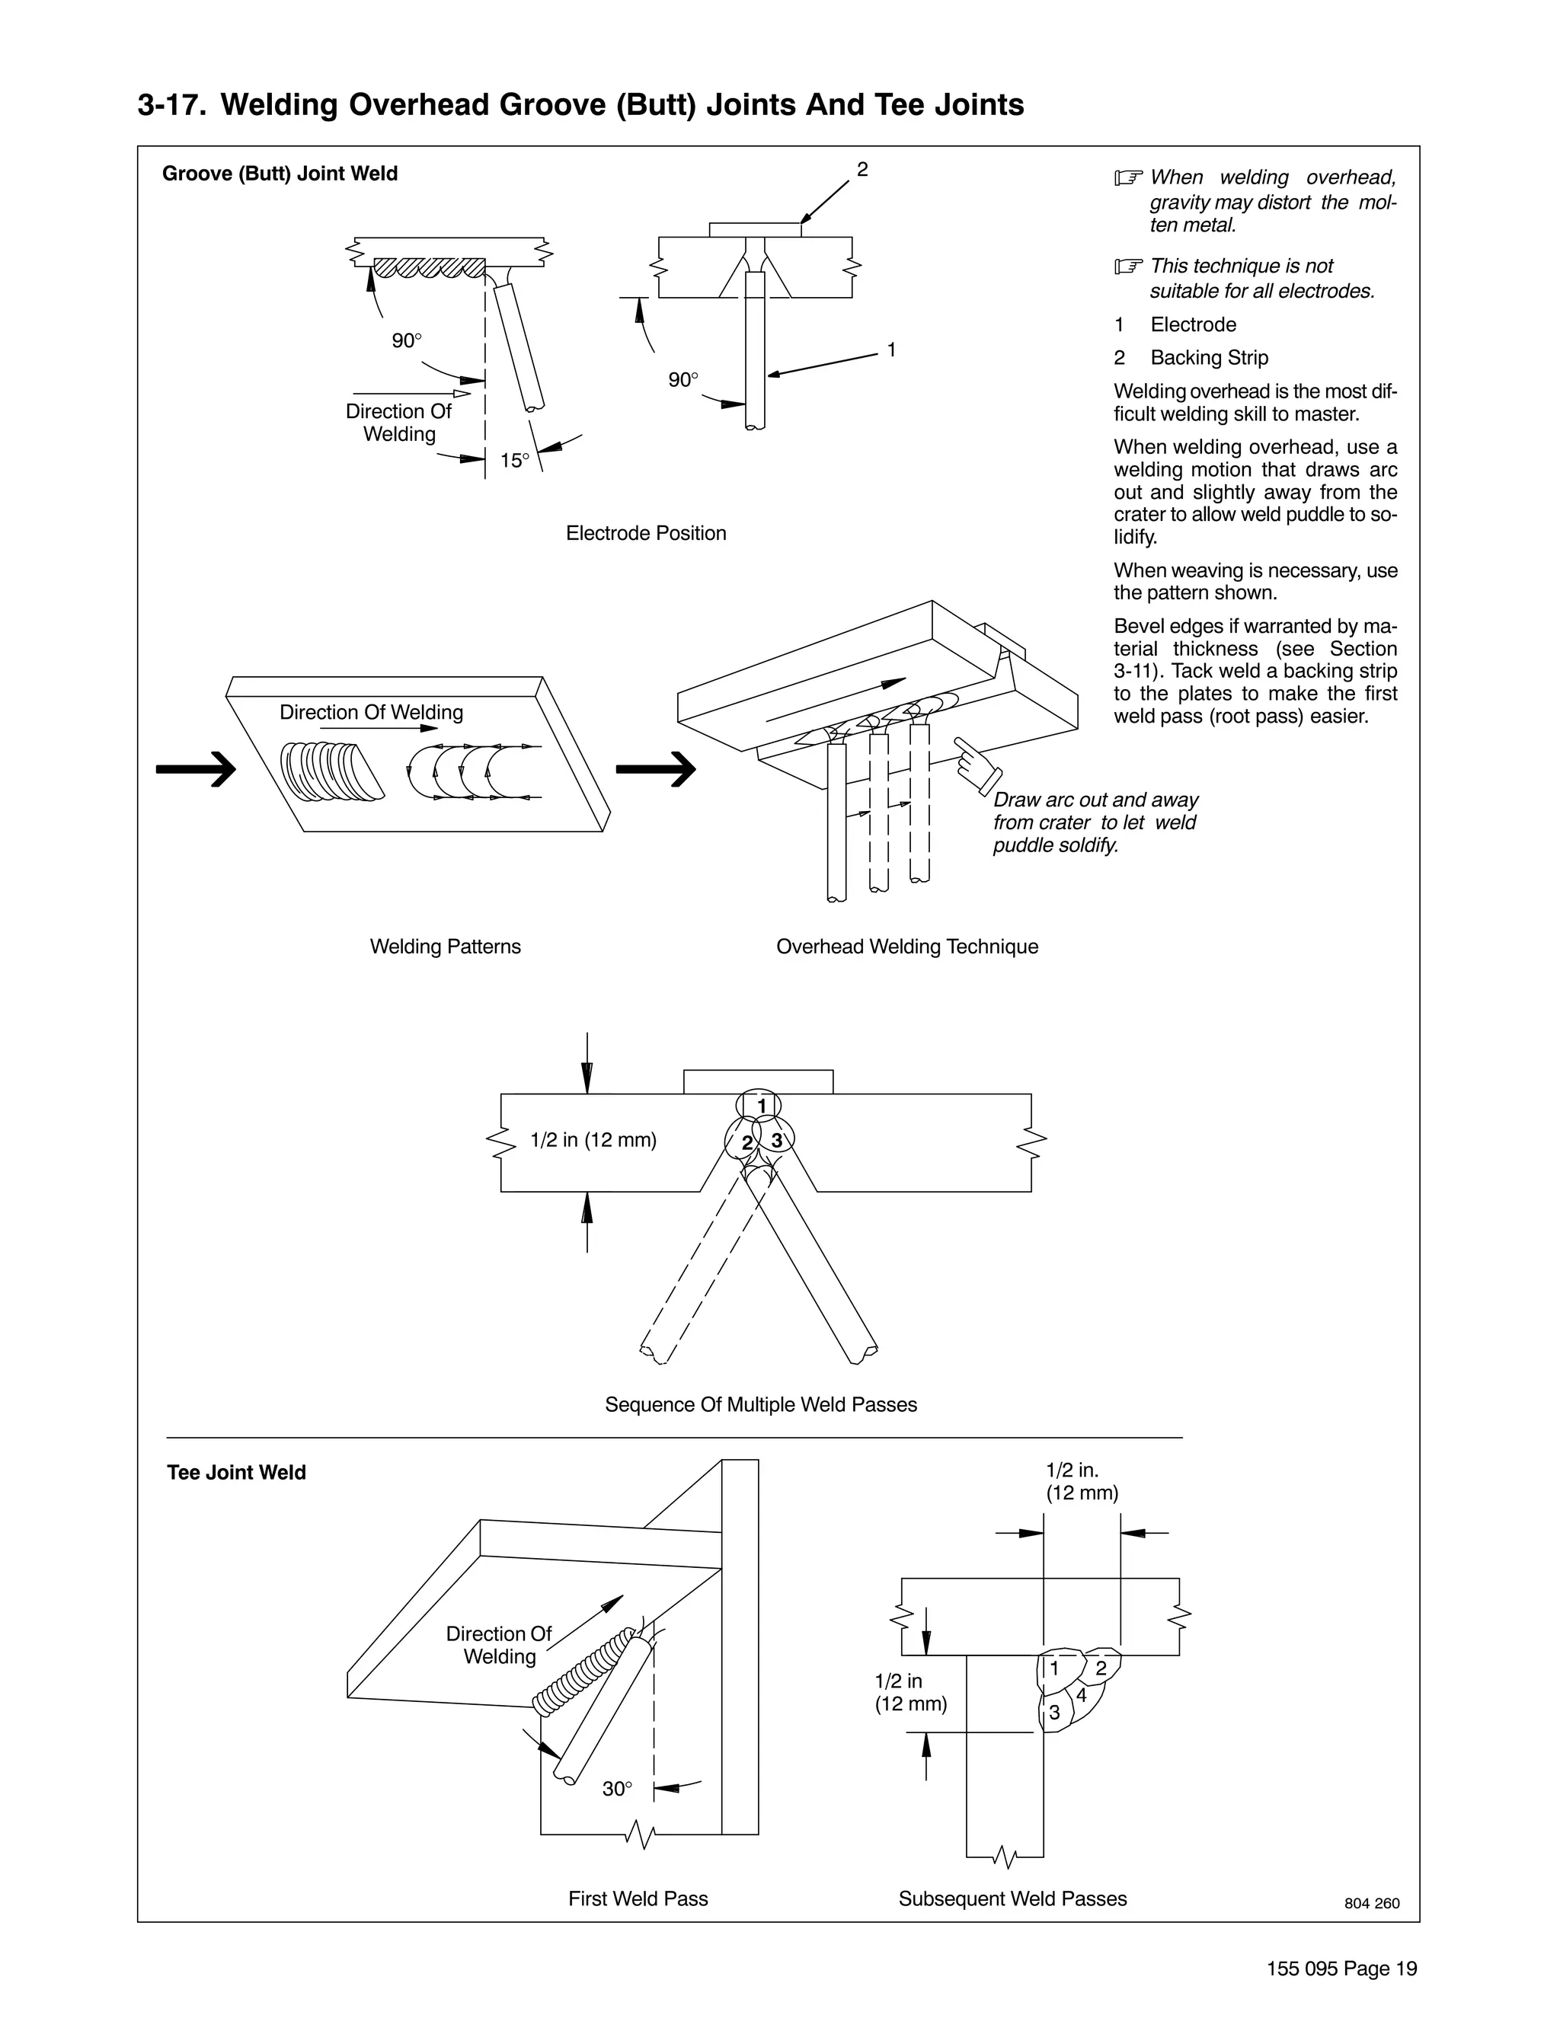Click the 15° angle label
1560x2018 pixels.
515,460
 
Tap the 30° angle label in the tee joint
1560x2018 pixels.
616,1789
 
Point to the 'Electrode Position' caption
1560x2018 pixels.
646,533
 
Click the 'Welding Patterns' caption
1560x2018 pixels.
446,946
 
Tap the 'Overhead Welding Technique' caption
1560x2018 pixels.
906,946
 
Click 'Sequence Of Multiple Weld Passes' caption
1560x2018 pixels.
761,1404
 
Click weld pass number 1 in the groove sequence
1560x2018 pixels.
762,1106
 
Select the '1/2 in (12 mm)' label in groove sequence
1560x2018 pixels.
593,1140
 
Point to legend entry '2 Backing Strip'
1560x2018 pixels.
1192,358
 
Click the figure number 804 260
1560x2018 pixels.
1371,1904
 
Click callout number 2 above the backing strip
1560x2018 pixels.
862,169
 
